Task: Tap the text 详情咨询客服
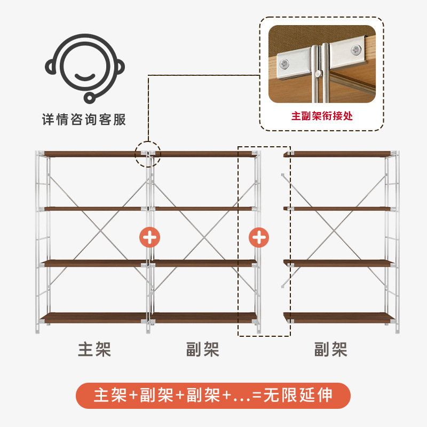[84, 119]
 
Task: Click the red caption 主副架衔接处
[322, 115]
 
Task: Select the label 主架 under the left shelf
[94, 350]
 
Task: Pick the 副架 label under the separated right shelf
[331, 350]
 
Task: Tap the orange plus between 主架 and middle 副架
[149, 237]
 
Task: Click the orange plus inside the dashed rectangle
[259, 237]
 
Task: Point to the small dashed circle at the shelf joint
[147, 154]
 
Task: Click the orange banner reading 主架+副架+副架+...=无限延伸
[213, 396]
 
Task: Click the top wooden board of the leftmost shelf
[93, 154]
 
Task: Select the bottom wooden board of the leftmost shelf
[93, 318]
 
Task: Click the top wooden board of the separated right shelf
[339, 154]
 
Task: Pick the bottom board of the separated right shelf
[339, 318]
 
